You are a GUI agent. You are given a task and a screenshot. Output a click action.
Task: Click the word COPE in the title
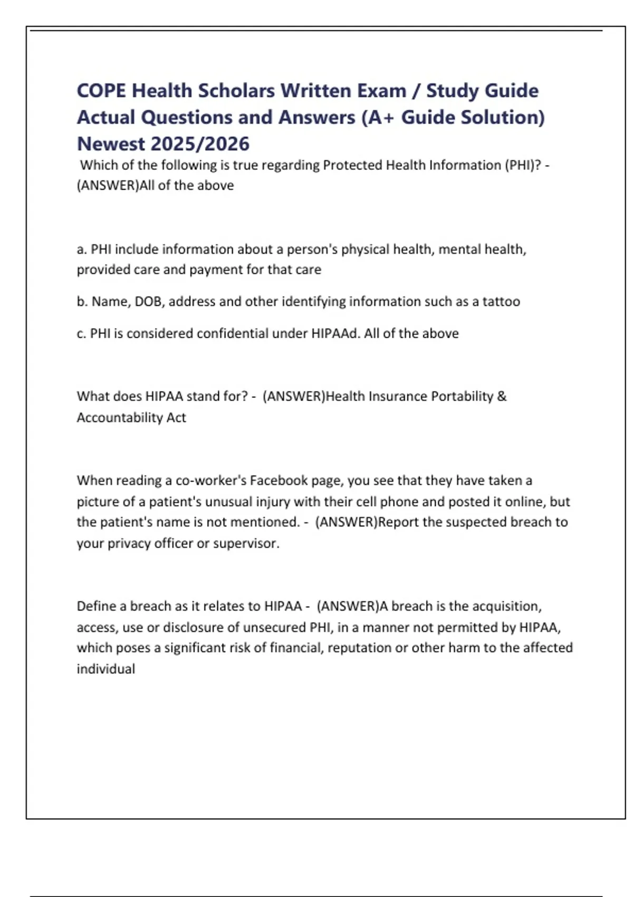point(101,91)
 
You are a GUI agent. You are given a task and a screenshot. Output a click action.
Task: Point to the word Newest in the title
point(110,144)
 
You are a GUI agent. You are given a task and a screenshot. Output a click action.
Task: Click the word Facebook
point(279,481)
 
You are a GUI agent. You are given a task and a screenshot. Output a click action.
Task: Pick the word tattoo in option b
point(501,302)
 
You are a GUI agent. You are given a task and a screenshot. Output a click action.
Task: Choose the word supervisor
point(246,543)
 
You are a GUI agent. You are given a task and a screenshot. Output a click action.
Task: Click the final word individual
point(105,669)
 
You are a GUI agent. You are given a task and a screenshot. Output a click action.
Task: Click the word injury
point(273,502)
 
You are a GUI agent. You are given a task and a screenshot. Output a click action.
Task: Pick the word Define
point(95,606)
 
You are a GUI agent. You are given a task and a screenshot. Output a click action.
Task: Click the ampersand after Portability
point(502,396)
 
